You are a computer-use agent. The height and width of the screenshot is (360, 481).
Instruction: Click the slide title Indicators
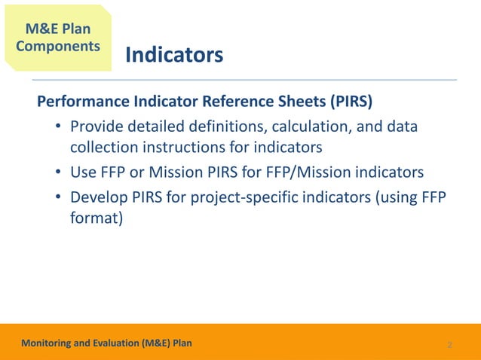(173, 56)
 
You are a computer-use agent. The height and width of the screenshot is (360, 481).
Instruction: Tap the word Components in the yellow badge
(57, 45)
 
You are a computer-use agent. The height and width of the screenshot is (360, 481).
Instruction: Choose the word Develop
(99, 197)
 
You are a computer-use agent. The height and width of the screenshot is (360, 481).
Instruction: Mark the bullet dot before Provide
(58, 127)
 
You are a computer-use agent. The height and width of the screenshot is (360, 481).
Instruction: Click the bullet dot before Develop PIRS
(58, 198)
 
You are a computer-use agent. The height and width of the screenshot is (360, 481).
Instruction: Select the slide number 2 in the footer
(449, 345)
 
